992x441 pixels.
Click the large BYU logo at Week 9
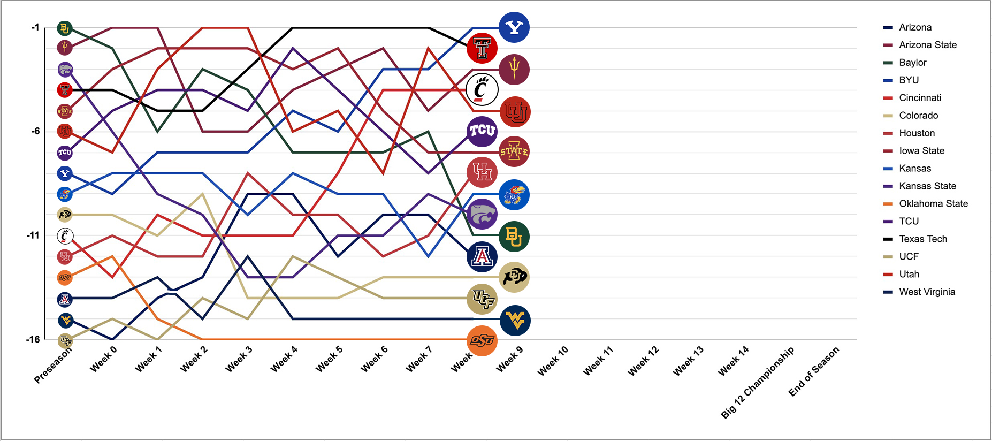tap(514, 27)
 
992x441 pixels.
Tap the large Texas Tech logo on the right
tap(482, 48)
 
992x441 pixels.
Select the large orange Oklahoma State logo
tap(482, 340)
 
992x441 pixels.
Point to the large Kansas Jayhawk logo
tap(514, 195)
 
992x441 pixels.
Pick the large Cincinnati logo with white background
tap(482, 89)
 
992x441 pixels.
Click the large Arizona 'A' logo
tap(482, 257)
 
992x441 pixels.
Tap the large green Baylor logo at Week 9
tap(514, 237)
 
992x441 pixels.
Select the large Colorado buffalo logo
tap(514, 277)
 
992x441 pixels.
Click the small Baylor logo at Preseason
tap(65, 28)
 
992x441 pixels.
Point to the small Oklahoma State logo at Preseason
tap(65, 277)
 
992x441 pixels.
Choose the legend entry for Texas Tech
tap(922, 239)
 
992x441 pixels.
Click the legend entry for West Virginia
tap(927, 292)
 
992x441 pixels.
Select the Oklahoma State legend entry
tap(933, 203)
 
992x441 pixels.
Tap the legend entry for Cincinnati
tap(920, 97)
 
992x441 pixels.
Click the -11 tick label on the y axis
tap(33, 235)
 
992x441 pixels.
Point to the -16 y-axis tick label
tap(33, 339)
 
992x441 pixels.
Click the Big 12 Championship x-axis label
tap(758, 382)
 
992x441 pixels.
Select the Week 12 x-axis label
tap(644, 361)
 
